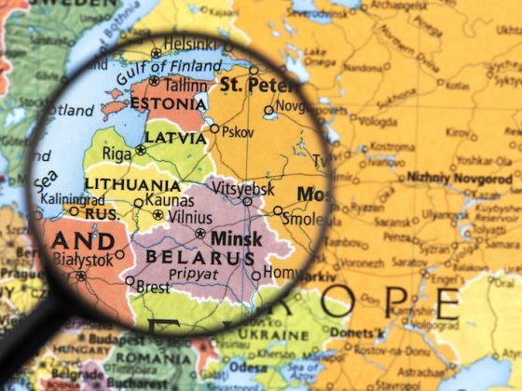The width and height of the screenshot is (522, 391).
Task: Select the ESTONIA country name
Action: click(x=167, y=102)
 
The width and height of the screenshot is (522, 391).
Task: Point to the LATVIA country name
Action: click(x=174, y=138)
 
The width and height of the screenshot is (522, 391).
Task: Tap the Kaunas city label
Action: click(x=170, y=200)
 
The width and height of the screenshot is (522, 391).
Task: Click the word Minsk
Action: click(x=237, y=237)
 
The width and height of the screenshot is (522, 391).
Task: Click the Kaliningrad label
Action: click(x=73, y=199)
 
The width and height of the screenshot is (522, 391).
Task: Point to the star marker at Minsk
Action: click(x=199, y=234)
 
